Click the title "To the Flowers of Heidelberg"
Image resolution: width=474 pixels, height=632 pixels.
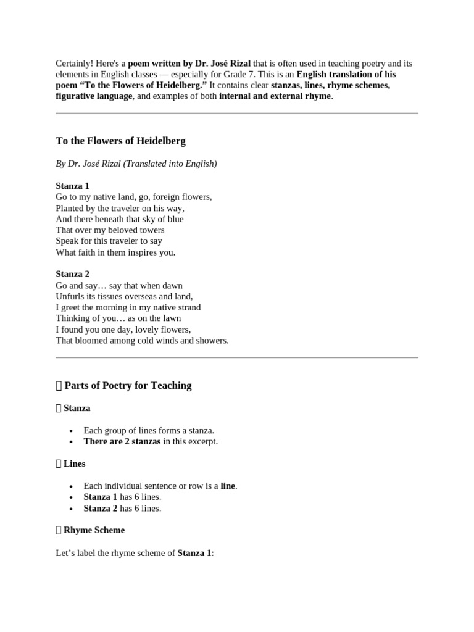click(120, 141)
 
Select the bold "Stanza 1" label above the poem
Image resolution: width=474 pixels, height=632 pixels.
click(72, 186)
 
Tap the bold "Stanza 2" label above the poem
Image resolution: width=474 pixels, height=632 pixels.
click(72, 274)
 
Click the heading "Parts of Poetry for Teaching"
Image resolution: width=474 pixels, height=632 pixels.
click(128, 385)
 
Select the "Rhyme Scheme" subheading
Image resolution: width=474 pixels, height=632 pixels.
click(94, 530)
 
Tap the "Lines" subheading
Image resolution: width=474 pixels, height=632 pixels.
click(74, 464)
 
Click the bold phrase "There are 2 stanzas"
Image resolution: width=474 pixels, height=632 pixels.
click(122, 441)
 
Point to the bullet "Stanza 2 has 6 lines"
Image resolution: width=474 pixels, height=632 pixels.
click(122, 508)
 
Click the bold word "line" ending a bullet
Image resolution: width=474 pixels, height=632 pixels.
click(228, 486)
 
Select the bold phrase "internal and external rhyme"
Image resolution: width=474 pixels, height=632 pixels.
click(275, 96)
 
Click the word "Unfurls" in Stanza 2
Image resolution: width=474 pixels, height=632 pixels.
click(69, 296)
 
